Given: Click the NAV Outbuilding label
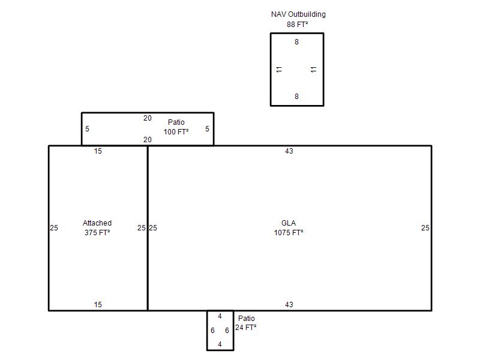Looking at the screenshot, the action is [298, 14].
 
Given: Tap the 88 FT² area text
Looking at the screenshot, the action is [297, 25].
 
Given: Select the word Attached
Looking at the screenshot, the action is [97, 223].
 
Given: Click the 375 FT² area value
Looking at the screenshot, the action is [97, 233].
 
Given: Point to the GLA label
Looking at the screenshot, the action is [289, 223].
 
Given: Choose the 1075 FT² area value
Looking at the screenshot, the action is [289, 233].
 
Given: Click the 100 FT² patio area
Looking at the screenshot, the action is [176, 132].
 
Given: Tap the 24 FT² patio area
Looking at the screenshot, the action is [246, 328].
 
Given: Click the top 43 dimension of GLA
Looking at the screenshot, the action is [289, 151].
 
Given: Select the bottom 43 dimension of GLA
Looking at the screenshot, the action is [289, 305].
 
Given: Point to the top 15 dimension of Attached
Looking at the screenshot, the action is [98, 151].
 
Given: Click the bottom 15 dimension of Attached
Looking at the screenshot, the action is [98, 305].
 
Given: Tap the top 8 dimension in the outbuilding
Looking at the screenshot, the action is [296, 42].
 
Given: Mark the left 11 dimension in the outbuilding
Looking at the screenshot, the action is [279, 70].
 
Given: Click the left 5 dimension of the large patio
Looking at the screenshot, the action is [87, 129].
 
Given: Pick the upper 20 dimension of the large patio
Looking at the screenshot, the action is [148, 118].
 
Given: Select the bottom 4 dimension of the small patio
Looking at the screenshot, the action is [220, 344].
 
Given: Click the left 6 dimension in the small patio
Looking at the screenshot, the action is [213, 331].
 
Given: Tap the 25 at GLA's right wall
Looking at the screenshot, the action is [425, 228].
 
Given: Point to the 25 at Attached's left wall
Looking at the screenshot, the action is [54, 228].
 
